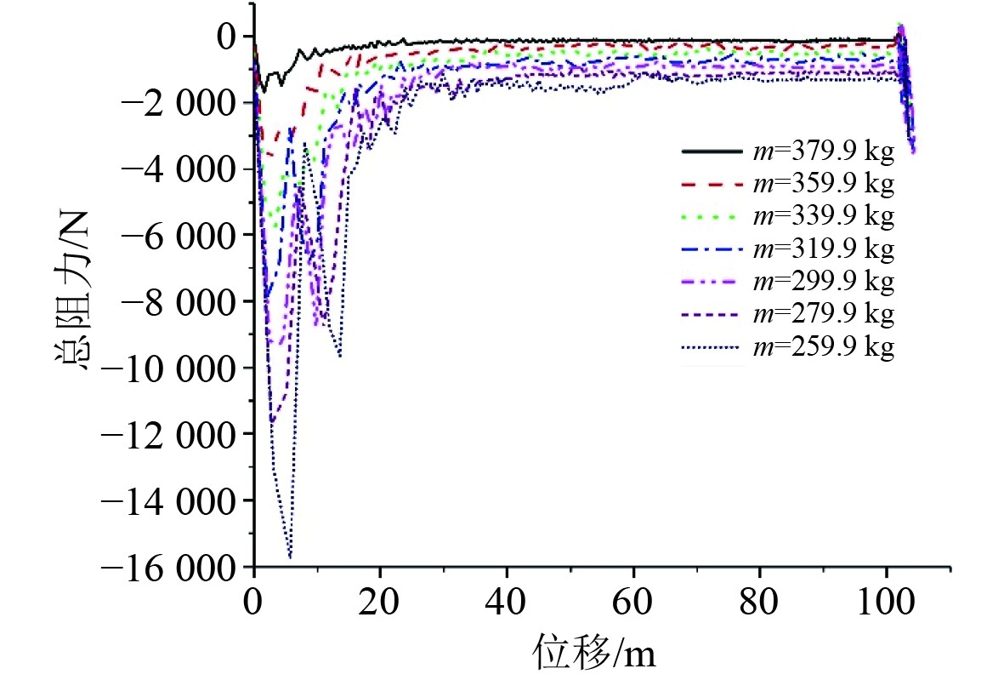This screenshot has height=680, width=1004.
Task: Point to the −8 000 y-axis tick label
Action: [x=179, y=301]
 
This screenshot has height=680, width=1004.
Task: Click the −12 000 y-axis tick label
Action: [x=168, y=435]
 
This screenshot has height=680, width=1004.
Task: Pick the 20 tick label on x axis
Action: [x=380, y=601]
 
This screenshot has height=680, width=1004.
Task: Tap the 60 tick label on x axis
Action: [x=632, y=601]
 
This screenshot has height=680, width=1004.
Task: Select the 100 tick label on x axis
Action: [x=886, y=601]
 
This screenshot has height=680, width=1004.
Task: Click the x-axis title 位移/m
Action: [x=595, y=653]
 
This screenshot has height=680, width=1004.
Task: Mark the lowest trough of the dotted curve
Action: [x=290, y=557]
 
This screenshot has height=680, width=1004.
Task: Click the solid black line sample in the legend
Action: [x=712, y=151]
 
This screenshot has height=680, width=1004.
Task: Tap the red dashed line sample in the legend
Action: [x=712, y=185]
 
